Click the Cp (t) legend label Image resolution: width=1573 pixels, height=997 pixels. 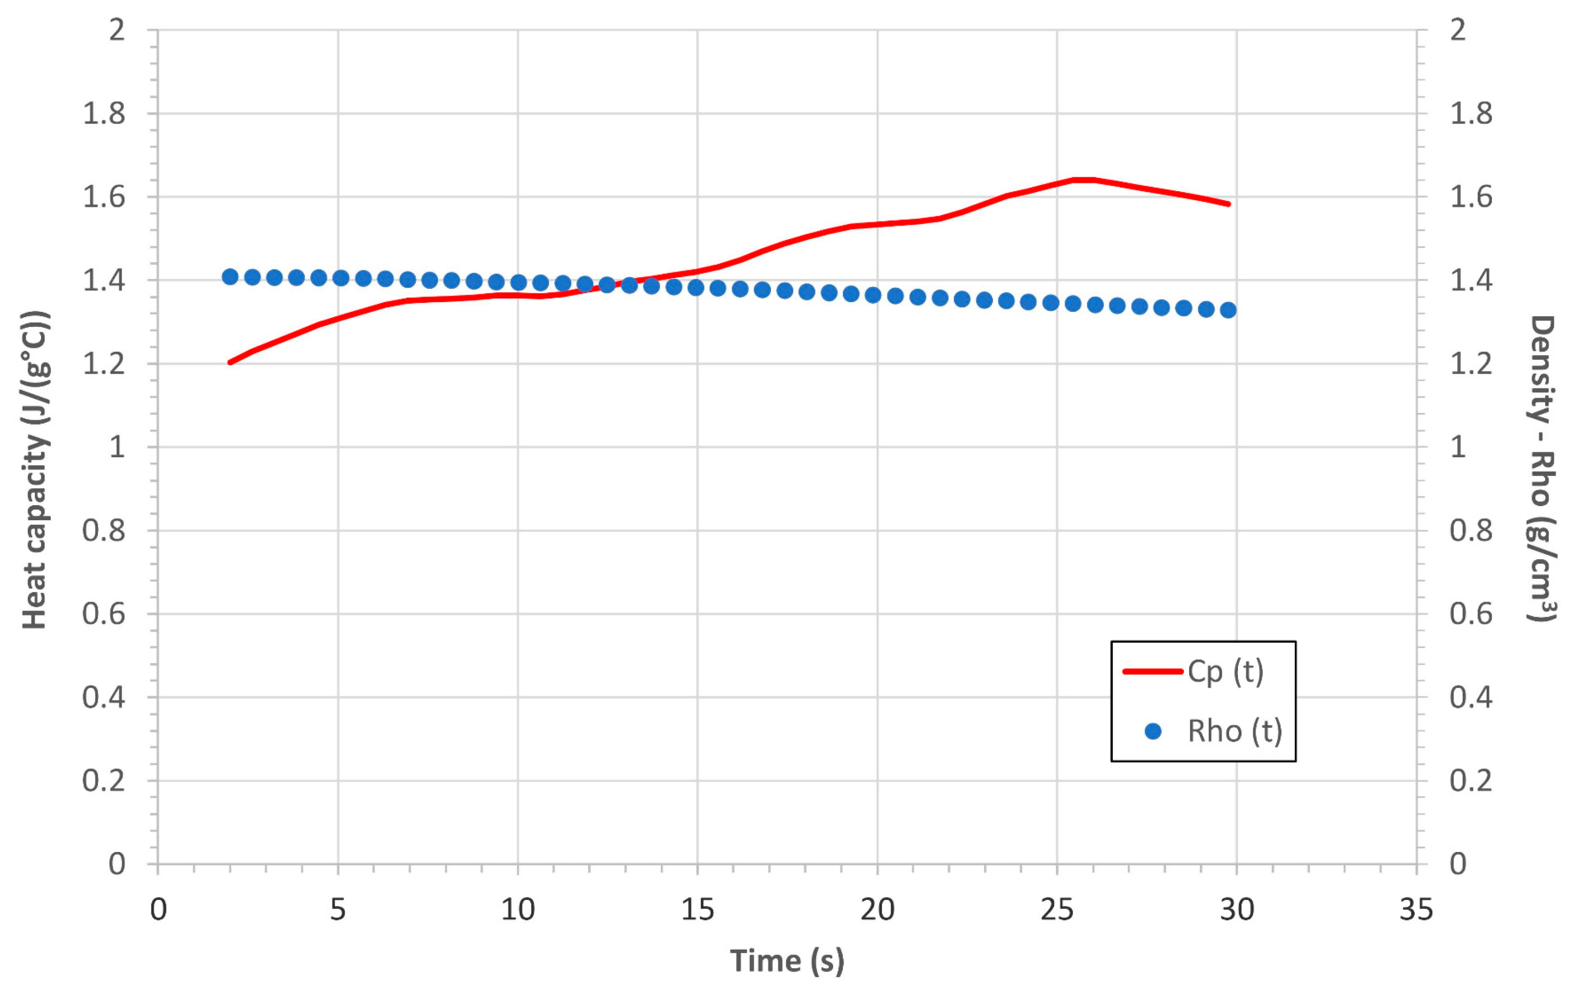pos(1225,672)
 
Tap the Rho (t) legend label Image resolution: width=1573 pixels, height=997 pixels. pos(1235,731)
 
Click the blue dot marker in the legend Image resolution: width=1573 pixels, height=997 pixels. pos(1154,731)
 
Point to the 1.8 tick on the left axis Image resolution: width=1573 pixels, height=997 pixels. pos(103,114)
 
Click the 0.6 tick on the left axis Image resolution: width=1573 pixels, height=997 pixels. pos(103,614)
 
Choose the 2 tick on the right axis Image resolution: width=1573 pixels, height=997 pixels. pos(1458,30)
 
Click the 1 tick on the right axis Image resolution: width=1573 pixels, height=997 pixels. pos(1458,447)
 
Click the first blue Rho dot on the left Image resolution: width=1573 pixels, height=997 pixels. pos(230,277)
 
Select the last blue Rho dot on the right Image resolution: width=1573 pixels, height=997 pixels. pos(1228,310)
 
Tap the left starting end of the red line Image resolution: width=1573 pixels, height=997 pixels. pos(230,363)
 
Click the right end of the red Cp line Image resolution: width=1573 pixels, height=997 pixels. pos(1229,203)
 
